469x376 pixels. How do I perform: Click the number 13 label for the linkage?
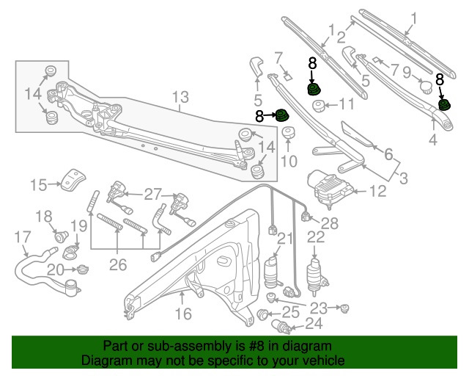tap(180, 97)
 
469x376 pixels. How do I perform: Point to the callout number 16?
tap(182, 314)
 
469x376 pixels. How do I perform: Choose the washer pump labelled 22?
tap(316, 274)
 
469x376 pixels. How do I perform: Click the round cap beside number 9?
tap(424, 86)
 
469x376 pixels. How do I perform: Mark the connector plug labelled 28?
tap(306, 216)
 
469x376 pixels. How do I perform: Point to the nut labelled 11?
tap(320, 106)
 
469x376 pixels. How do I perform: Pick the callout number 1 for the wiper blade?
tap(413, 18)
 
